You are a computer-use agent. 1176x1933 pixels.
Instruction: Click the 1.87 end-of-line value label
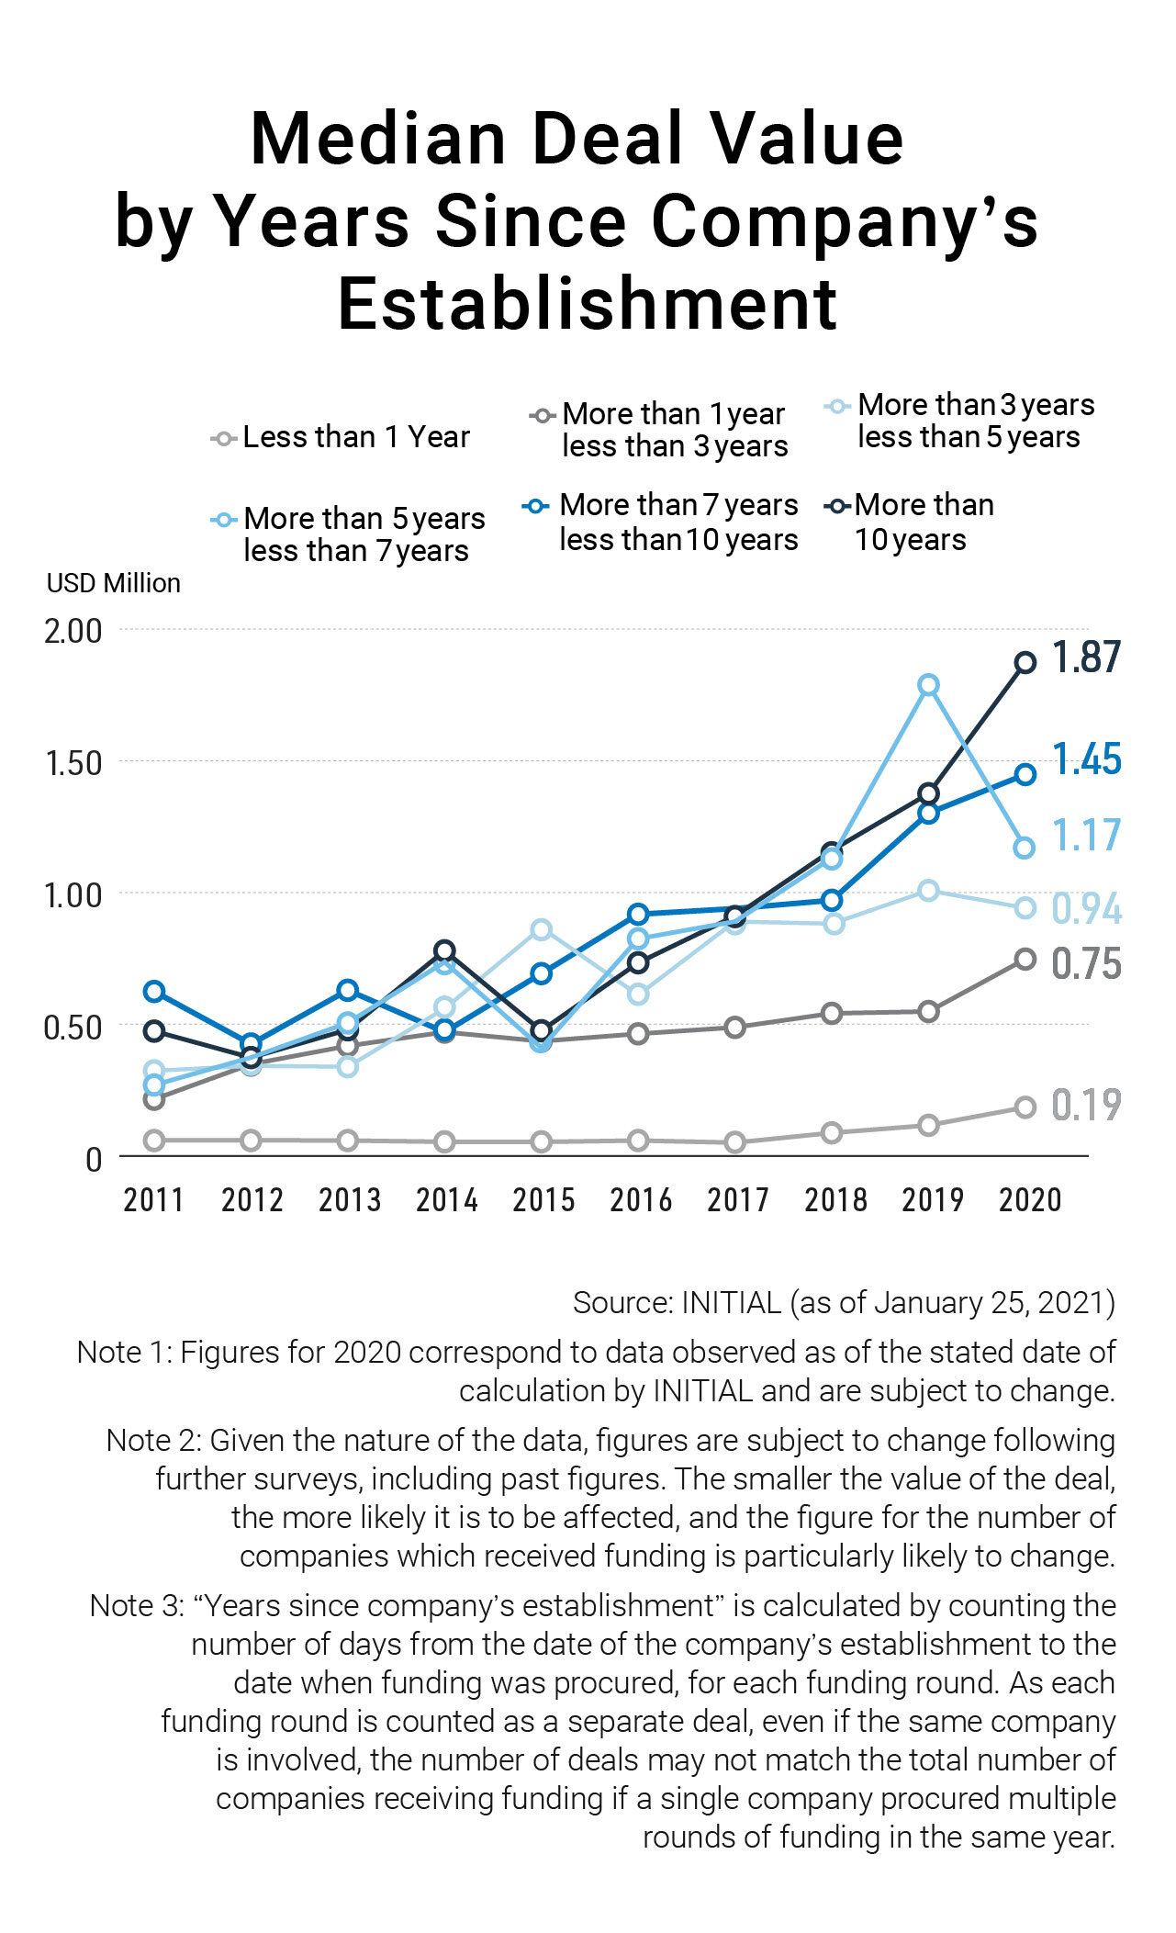(x=1086, y=657)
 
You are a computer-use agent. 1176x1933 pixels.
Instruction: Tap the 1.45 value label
(x=1086, y=759)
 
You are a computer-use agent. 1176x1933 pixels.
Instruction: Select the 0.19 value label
(x=1086, y=1105)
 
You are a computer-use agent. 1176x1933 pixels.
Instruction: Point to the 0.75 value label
(x=1086, y=963)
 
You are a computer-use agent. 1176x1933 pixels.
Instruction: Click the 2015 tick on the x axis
(x=543, y=1199)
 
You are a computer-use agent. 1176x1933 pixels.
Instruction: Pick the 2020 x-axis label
(x=1030, y=1199)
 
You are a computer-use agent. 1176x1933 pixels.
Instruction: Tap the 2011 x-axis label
(x=153, y=1199)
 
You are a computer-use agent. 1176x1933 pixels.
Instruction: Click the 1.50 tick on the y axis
(x=73, y=763)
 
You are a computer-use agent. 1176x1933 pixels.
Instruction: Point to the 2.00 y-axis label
(x=73, y=631)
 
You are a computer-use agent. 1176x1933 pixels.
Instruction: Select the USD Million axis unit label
(x=114, y=583)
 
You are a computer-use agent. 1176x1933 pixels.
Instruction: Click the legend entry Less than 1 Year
(x=355, y=437)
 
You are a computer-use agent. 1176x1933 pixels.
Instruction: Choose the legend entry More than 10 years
(x=924, y=522)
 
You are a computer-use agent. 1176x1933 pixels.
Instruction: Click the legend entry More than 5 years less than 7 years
(x=364, y=534)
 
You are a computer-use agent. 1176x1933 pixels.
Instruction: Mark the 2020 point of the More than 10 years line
(x=1025, y=663)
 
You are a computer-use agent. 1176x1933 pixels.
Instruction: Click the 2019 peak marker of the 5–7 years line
(x=928, y=685)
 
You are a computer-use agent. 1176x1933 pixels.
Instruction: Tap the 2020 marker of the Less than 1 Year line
(x=1025, y=1107)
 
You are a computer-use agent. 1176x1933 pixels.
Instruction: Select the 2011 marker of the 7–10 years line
(x=154, y=992)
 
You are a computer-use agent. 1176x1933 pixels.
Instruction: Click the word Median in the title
(x=377, y=140)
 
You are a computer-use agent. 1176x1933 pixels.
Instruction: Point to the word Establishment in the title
(x=588, y=304)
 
